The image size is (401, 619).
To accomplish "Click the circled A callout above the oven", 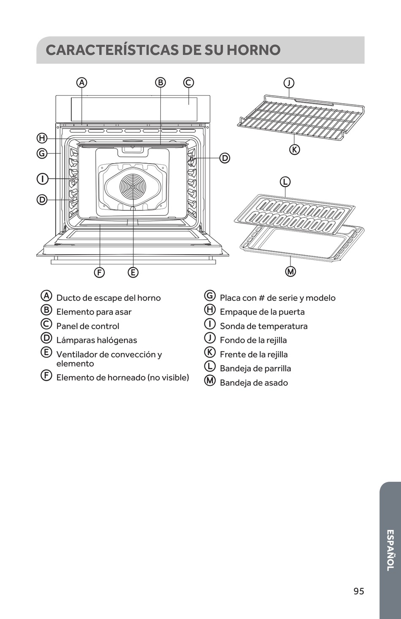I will (82, 83).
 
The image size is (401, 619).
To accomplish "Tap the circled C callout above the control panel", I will (188, 83).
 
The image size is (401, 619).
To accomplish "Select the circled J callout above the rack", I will (289, 83).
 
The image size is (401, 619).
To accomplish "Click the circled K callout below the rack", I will (294, 149).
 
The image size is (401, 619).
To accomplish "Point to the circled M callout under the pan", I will (290, 272).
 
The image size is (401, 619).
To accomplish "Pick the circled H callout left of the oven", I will (42, 138).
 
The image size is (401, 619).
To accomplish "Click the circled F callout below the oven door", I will (99, 272).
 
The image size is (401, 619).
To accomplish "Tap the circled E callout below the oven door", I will (133, 272).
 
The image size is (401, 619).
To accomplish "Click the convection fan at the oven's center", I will (133, 186).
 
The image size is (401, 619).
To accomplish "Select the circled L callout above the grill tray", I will (285, 182).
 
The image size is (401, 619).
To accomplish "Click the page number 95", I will (359, 591).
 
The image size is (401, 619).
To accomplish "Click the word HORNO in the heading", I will (254, 50).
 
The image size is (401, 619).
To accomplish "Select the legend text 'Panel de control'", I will (88, 326).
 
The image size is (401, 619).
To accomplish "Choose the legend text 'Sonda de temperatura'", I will (263, 326).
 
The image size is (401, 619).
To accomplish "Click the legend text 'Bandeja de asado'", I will (254, 382).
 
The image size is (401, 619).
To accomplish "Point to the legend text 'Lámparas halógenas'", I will (97, 340).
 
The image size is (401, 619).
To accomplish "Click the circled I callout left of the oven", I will (42, 179).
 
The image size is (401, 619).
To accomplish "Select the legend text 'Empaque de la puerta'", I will (262, 312).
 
